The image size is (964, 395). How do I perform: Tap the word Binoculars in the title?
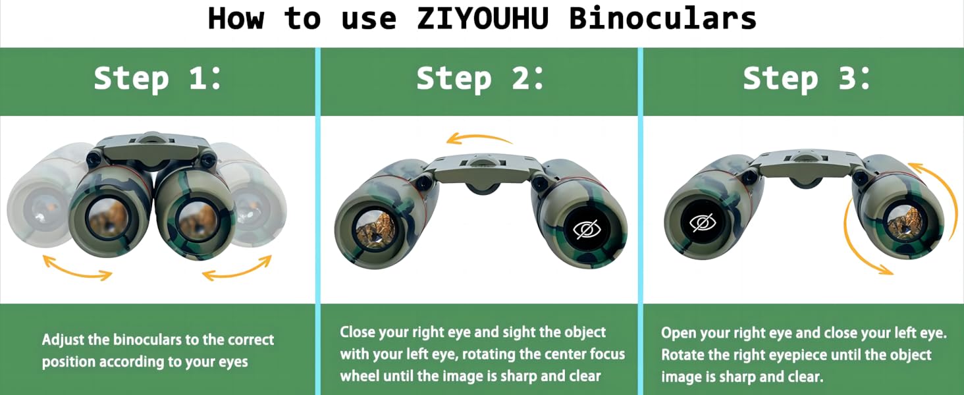[x=663, y=18]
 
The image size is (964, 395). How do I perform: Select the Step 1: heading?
[x=158, y=79]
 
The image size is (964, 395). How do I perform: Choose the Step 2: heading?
[x=481, y=79]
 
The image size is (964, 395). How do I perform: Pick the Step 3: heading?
[x=807, y=79]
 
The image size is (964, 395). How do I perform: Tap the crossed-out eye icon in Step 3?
[x=703, y=224]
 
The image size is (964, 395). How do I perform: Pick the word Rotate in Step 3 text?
[x=682, y=355]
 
